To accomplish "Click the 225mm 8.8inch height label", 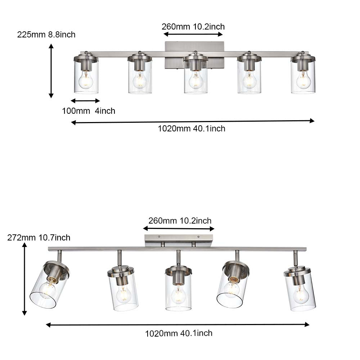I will (x=46, y=35).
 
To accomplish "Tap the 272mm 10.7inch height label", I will (x=39, y=238).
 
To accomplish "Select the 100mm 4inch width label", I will (x=89, y=111).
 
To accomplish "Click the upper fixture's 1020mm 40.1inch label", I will (x=191, y=129).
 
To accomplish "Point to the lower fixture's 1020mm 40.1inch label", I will (x=179, y=333).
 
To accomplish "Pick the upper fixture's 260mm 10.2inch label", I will (x=193, y=27).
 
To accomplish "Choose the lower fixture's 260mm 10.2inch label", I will (x=180, y=221).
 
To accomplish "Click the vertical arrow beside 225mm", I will (x=51, y=71).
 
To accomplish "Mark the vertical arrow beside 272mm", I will (x=24, y=279).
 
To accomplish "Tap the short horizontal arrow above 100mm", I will (x=85, y=101).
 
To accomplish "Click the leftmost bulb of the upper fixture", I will (x=86, y=80).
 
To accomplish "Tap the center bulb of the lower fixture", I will (x=178, y=294).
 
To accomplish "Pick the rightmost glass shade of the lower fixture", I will (x=300, y=293).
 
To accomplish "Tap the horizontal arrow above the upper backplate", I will (x=193, y=34).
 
